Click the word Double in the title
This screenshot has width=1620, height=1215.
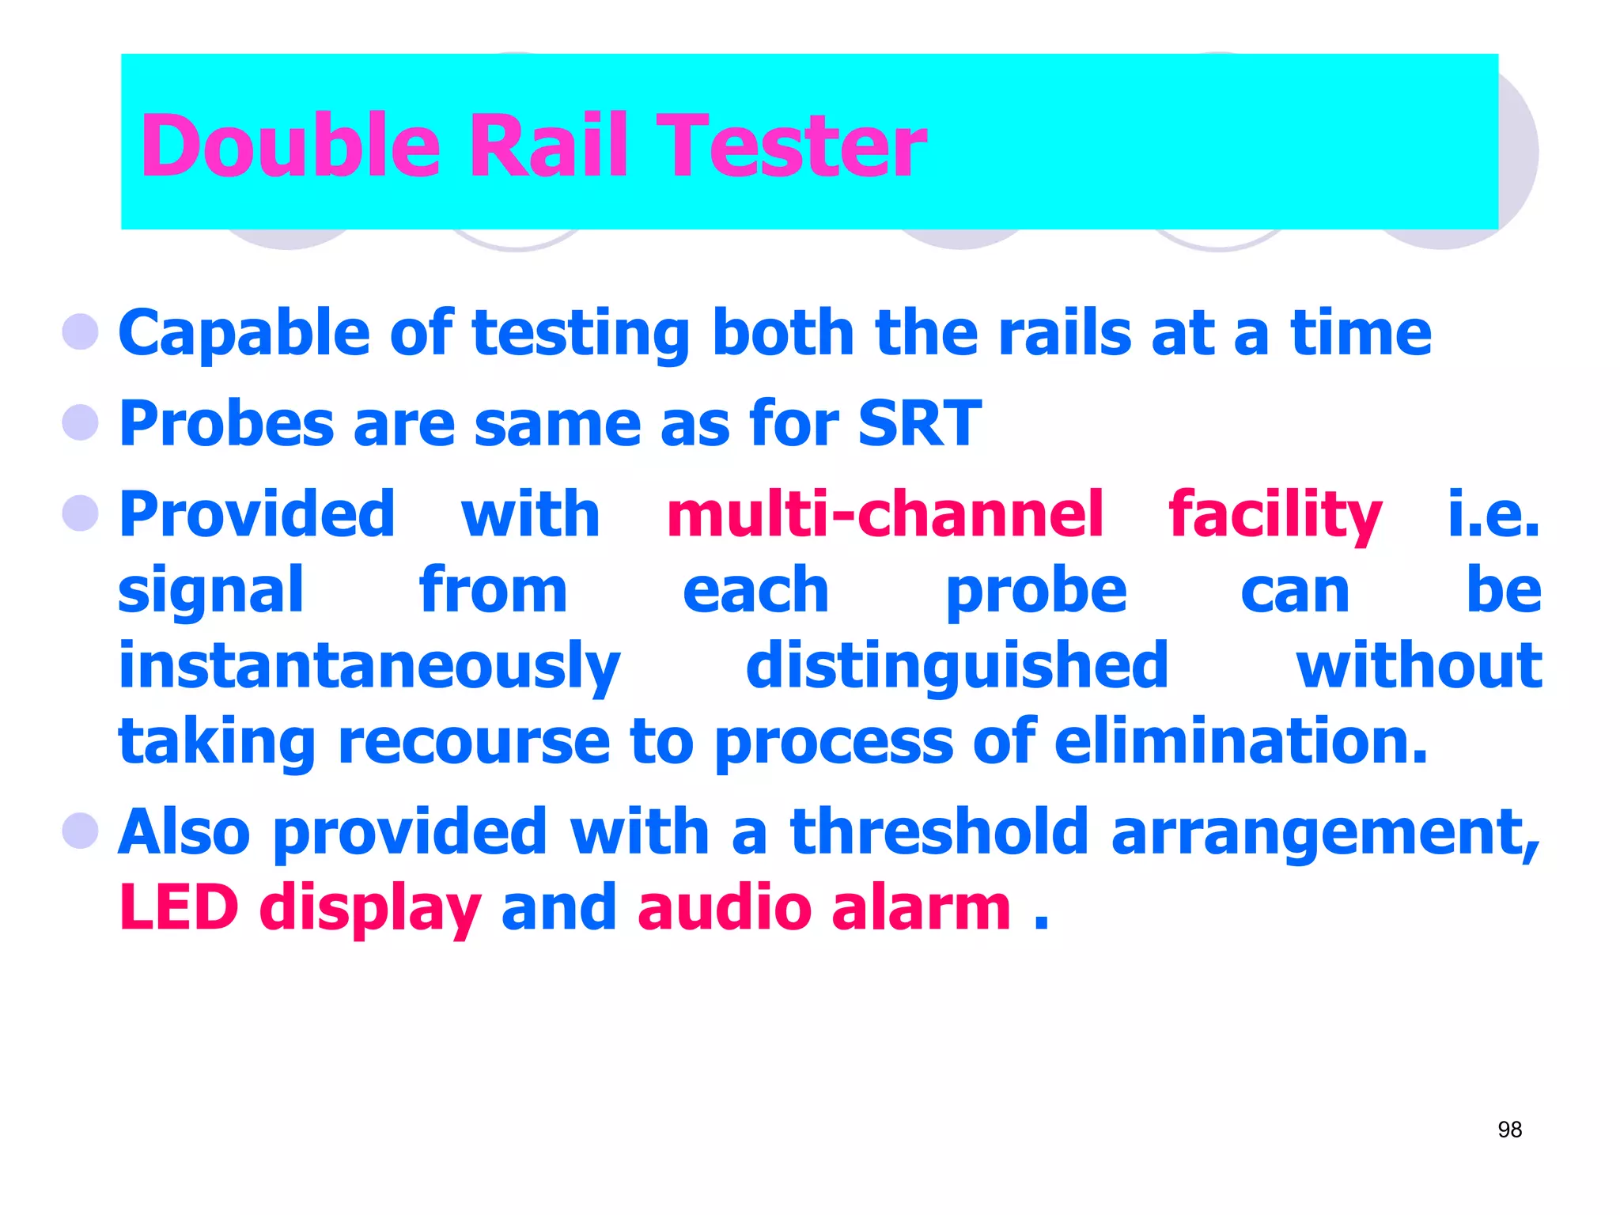290,146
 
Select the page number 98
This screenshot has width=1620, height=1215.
1509,1130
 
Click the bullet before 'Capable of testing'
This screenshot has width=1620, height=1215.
81,331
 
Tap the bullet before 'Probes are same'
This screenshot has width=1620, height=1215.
81,422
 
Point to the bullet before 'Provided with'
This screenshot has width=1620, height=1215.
81,513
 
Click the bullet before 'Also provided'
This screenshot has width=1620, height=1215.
81,831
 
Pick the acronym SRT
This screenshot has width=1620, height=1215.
919,423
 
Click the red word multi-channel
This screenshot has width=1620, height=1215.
884,514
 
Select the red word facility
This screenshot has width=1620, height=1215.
1275,516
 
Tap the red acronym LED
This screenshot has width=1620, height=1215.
179,907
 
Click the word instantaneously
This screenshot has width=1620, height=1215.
369,667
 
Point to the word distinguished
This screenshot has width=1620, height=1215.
957,667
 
